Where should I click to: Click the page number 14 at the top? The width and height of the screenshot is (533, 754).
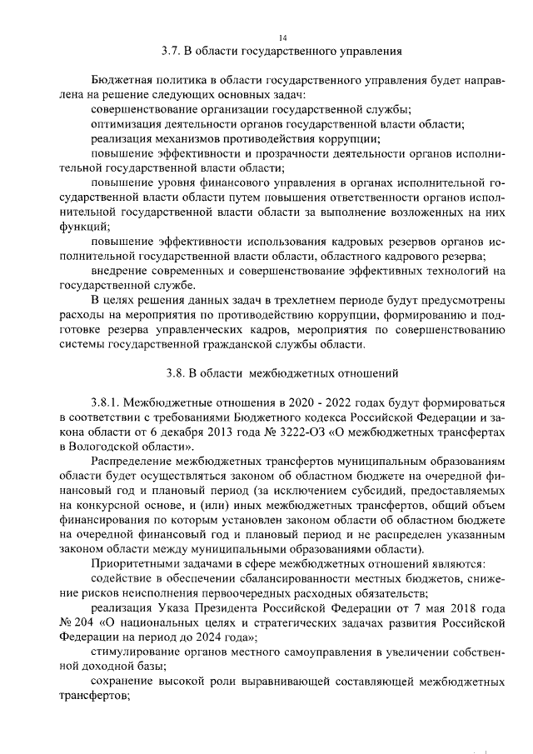(x=282, y=37)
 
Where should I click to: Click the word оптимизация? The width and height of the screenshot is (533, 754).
(x=127, y=123)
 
